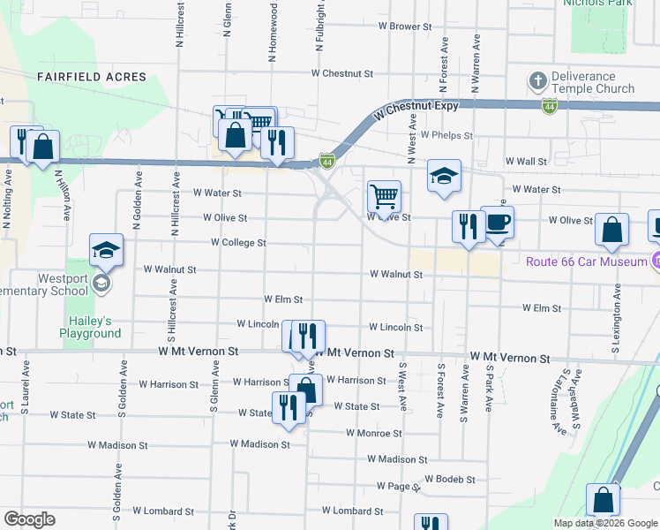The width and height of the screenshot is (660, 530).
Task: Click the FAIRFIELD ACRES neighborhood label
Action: [x=92, y=78]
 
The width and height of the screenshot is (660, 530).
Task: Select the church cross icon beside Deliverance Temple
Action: [x=537, y=81]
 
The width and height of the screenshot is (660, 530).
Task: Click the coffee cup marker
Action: [x=497, y=222]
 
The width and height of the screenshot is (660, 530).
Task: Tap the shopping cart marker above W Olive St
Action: [x=384, y=194]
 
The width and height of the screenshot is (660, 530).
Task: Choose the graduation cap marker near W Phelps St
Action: [x=445, y=175]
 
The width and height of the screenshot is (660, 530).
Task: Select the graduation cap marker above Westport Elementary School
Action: [x=106, y=251]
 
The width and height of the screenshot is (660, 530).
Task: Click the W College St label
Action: [x=238, y=243]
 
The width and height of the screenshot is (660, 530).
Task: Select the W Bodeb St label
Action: [x=449, y=480]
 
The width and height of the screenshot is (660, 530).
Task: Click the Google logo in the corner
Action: [x=29, y=519]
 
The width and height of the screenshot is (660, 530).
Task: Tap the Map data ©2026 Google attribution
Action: [x=606, y=523]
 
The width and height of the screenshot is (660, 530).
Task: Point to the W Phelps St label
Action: [x=446, y=136]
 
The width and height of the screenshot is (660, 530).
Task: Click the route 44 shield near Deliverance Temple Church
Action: [x=550, y=106]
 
